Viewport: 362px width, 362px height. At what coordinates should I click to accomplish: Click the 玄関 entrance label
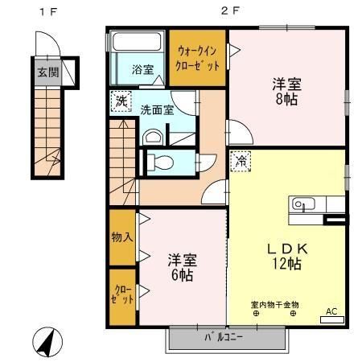point(48,72)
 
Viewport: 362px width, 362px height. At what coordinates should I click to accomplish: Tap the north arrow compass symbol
point(47,342)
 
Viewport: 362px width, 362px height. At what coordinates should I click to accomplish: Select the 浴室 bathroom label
point(142,69)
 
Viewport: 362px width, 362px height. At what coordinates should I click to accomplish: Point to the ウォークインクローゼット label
point(198,59)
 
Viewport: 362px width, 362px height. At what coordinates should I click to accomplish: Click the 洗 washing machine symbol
point(121,101)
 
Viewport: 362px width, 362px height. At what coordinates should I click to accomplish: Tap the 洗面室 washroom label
point(158,110)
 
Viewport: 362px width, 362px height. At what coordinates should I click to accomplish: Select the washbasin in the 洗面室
point(153,138)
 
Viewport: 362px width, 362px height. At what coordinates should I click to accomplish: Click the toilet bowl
point(160,162)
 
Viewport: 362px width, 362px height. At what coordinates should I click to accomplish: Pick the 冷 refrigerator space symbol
point(241,161)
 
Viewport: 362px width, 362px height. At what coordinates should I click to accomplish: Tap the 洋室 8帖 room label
point(286,92)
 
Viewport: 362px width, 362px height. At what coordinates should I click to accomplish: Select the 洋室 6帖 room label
point(183,267)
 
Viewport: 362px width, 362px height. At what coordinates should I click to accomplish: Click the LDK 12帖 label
point(287,257)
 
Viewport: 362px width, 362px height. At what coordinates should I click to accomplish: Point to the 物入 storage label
point(122,237)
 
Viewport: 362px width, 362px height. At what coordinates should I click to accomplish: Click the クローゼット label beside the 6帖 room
point(122,294)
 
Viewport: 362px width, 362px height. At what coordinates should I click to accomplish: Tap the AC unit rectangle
point(332,319)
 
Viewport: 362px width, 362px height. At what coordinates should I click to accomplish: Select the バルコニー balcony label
point(224,337)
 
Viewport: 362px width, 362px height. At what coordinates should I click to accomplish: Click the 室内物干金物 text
point(275,305)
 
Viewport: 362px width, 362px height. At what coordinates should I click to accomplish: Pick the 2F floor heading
point(229,11)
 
